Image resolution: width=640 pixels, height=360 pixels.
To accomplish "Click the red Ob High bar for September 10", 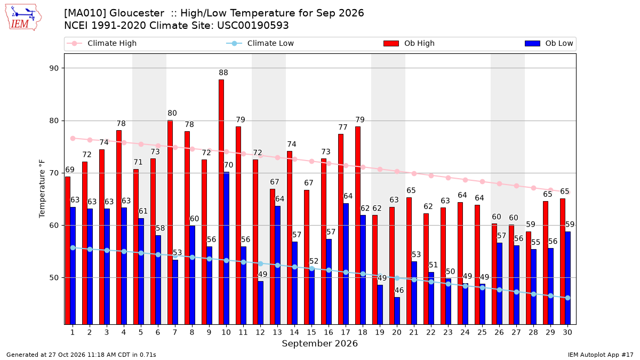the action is [221, 202].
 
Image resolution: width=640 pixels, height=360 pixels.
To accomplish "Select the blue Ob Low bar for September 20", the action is [397, 311].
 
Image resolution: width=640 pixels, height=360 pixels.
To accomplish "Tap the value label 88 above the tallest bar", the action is [223, 73].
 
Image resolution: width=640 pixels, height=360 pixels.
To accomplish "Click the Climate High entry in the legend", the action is [102, 43].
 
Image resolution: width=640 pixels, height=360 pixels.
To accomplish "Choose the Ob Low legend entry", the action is [549, 43].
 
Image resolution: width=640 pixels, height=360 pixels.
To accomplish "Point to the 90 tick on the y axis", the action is [54, 68].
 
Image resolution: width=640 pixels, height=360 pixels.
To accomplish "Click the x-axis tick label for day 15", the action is [311, 332].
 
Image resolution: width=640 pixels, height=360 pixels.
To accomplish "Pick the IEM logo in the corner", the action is [23, 18].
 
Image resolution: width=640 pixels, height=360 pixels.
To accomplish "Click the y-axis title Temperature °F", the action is [42, 189].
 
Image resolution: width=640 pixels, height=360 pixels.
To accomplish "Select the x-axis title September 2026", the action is [319, 343].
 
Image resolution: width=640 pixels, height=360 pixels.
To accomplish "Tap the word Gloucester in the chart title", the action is [137, 13].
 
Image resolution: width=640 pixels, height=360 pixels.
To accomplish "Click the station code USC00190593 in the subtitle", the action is [253, 26].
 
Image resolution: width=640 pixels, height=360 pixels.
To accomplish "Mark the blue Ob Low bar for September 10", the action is [226, 249].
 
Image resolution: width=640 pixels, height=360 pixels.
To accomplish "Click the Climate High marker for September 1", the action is [73, 138].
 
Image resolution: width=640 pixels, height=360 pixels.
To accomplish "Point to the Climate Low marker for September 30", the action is [567, 298].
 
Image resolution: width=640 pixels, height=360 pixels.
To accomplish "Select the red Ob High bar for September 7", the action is [170, 222].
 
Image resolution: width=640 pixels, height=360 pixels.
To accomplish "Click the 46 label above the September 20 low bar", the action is [399, 290].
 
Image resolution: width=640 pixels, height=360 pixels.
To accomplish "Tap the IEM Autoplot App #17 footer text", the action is [601, 355].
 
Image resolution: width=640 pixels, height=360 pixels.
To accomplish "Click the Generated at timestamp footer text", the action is [81, 355].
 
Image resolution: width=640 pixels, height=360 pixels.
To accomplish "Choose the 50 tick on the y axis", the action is [54, 278].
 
